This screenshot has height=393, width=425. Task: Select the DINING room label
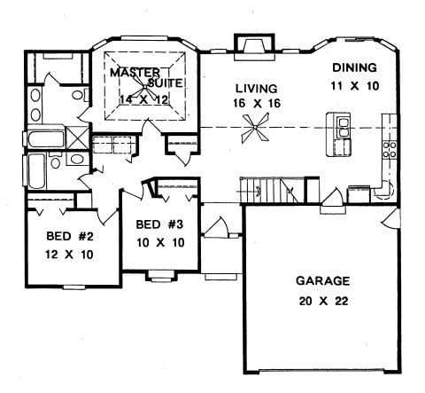click(x=354, y=68)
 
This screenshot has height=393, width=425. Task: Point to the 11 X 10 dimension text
click(x=354, y=86)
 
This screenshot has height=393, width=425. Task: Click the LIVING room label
click(x=256, y=89)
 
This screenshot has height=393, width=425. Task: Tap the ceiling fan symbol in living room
click(x=254, y=133)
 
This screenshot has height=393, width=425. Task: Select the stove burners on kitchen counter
click(x=388, y=148)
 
